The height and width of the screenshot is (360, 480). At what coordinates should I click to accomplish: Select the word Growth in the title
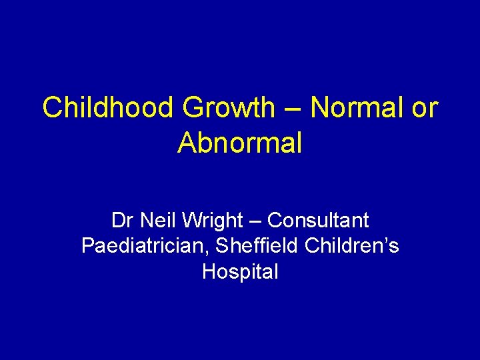click(227, 108)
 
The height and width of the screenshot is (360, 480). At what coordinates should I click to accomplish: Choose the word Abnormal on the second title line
click(240, 143)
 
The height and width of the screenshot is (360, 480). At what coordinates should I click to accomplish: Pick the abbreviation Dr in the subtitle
click(120, 220)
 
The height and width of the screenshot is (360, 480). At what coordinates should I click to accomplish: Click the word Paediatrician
click(141, 247)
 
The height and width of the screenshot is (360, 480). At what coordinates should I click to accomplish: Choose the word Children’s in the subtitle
click(352, 247)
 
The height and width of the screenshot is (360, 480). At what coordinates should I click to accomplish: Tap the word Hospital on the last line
click(240, 273)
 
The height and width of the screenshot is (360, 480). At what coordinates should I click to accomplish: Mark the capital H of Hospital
click(208, 272)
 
